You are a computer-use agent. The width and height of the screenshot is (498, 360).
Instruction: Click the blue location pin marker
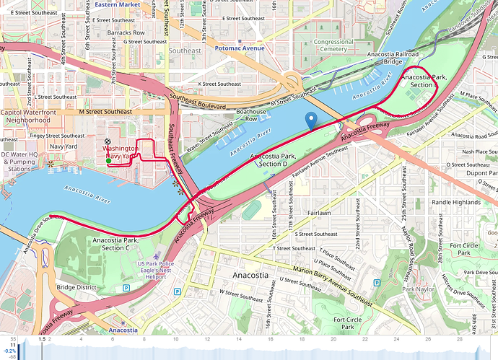311,120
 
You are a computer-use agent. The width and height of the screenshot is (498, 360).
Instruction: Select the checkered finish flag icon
108,142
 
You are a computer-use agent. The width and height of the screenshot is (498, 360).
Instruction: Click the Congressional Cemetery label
334,47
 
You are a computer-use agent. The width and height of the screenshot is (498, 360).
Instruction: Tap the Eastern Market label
117,4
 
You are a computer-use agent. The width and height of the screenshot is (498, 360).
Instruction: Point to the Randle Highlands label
455,203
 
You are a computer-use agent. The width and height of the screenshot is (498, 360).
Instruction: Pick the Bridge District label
77,287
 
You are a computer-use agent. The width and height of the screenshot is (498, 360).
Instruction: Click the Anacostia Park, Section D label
268,160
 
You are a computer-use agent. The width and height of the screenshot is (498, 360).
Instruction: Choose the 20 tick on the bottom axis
333,338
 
